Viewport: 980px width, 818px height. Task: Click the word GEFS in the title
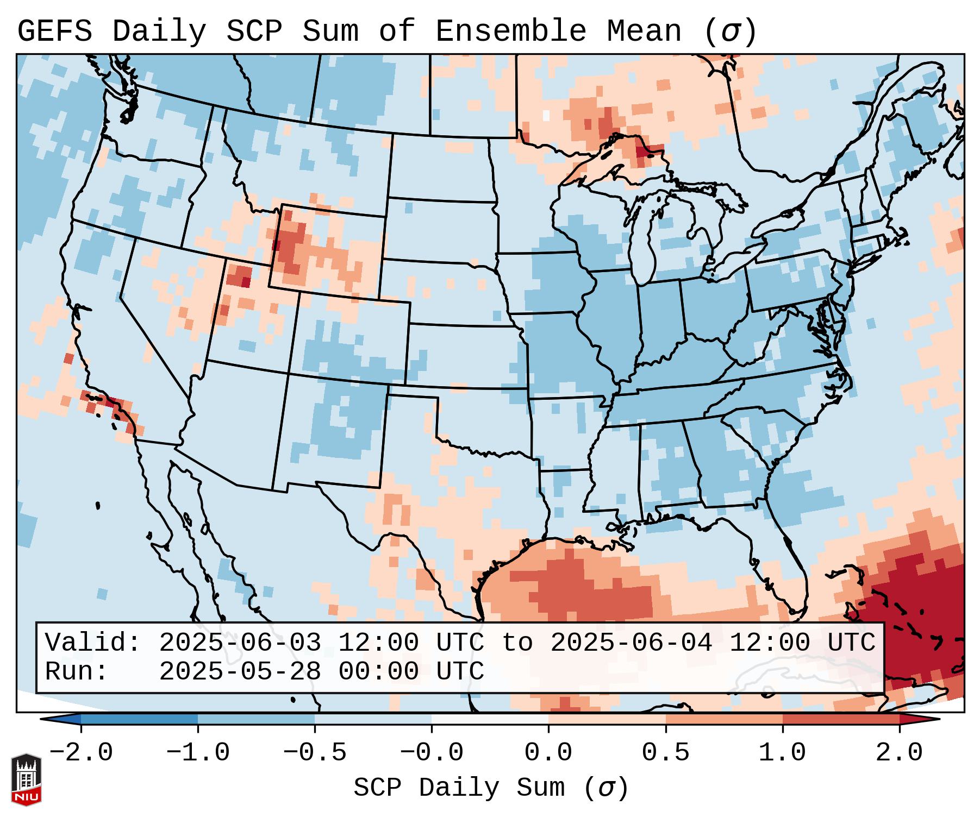tap(54, 32)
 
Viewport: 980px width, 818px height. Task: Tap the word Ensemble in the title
tap(511, 32)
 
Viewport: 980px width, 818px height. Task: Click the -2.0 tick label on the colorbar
tap(81, 753)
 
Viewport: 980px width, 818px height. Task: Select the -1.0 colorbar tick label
tap(198, 753)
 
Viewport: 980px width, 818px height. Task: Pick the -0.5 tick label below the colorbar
tap(315, 753)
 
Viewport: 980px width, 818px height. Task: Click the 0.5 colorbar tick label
tap(665, 753)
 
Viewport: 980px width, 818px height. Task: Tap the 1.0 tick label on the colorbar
tap(782, 753)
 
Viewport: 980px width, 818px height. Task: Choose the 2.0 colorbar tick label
tap(900, 753)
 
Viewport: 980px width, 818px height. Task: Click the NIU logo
tap(26, 779)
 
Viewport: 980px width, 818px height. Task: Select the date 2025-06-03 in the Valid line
tap(240, 643)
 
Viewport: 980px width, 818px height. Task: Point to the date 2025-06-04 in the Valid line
tap(631, 643)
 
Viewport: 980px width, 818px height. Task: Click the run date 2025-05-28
tap(240, 672)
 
